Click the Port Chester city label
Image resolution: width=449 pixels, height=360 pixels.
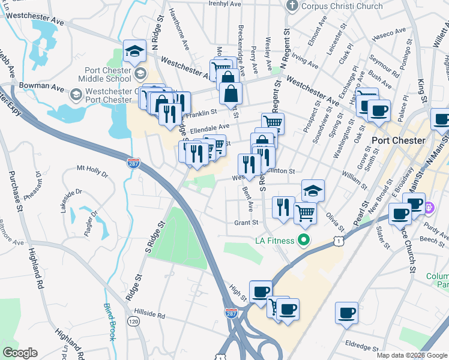click(398, 140)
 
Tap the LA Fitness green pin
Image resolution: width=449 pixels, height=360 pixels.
click(304, 241)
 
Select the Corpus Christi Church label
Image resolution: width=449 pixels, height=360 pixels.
click(342, 7)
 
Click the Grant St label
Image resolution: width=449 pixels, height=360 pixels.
click(246, 222)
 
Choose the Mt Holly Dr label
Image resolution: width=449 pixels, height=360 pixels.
click(92, 172)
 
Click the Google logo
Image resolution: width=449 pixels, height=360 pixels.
click(20, 353)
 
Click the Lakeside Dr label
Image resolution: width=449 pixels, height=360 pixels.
click(71, 201)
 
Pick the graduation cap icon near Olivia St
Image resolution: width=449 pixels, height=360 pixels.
click(313, 191)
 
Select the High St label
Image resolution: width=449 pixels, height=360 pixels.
click(239, 293)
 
